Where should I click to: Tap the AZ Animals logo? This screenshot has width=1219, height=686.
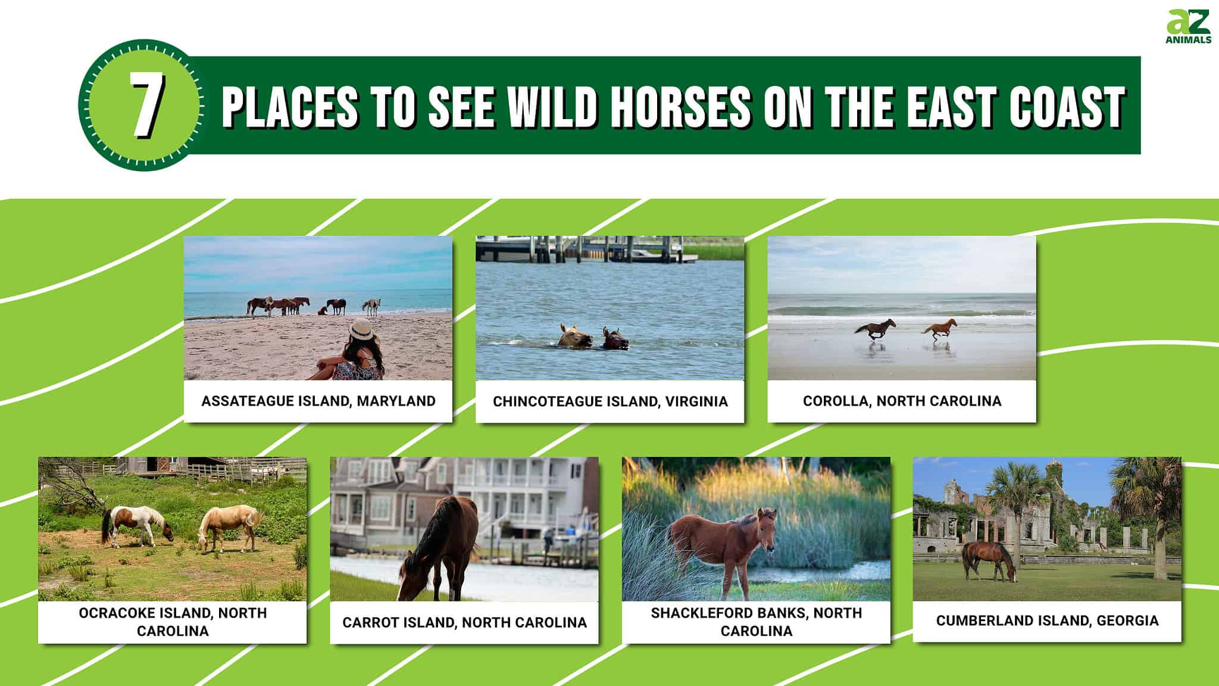tap(1188, 27)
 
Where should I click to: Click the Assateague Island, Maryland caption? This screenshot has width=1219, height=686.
tap(318, 401)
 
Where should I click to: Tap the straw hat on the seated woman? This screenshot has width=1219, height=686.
tap(361, 329)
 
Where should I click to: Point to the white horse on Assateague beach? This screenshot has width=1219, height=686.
tap(372, 305)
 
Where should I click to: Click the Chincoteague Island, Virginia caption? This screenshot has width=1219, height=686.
tap(610, 401)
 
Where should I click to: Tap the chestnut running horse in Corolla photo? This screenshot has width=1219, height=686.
tap(940, 328)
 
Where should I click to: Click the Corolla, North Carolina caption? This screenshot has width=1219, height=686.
tap(902, 401)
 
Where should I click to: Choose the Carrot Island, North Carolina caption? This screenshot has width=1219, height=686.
tap(464, 622)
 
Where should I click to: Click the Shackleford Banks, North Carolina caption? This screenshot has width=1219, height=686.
tap(756, 622)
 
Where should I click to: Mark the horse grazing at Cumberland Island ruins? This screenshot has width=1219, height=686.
tap(988, 559)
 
